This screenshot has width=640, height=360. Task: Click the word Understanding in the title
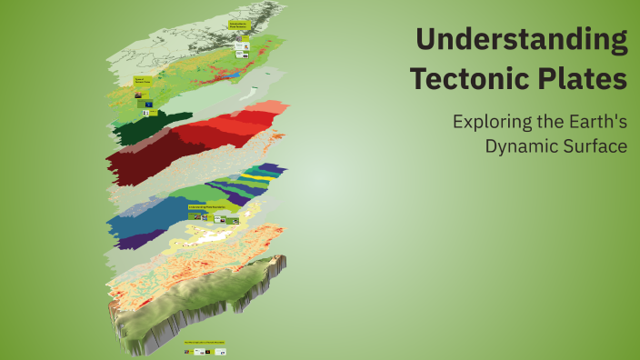[x=522, y=41]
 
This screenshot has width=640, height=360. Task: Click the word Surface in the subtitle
[x=596, y=146]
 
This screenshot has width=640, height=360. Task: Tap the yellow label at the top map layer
[x=239, y=25]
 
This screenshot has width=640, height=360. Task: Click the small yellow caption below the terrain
[x=205, y=343]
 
